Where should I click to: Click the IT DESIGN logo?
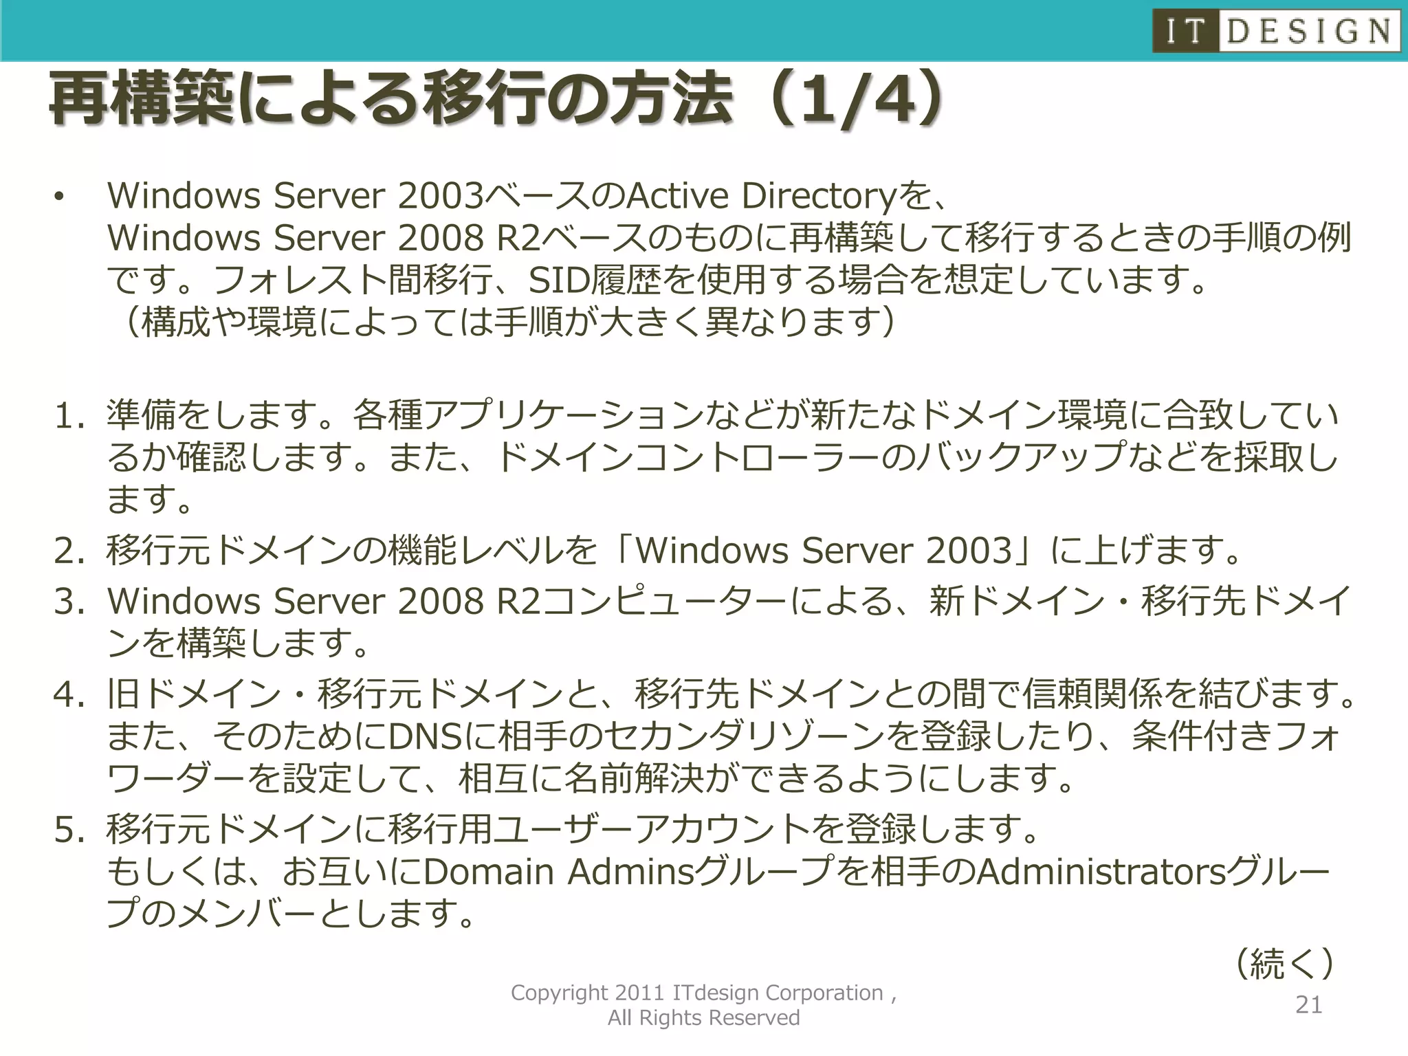[1276, 31]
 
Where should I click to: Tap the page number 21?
[1308, 1005]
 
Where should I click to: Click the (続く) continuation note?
[1284, 964]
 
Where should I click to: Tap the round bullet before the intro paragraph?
[59, 198]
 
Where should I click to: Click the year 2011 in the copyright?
[639, 993]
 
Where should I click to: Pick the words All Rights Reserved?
[703, 1017]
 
